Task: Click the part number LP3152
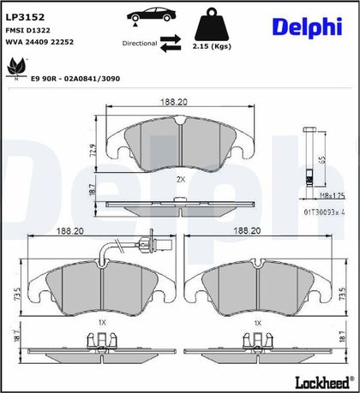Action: [25, 17]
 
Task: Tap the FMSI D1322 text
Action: [28, 30]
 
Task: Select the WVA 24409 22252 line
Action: [39, 42]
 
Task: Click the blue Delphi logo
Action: [307, 27]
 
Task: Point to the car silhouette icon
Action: [151, 15]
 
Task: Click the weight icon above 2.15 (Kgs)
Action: [212, 24]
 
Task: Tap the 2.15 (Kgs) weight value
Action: [212, 46]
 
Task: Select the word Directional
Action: [140, 44]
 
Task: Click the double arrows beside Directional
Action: [171, 44]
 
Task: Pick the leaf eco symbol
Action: [16, 68]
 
